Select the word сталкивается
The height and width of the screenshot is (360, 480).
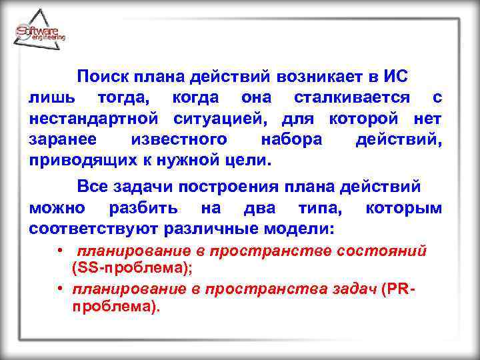coord(352,98)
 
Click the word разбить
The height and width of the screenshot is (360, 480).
coord(143,208)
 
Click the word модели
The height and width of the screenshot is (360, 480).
coord(301,229)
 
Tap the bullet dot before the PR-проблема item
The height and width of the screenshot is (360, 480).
coord(60,289)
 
